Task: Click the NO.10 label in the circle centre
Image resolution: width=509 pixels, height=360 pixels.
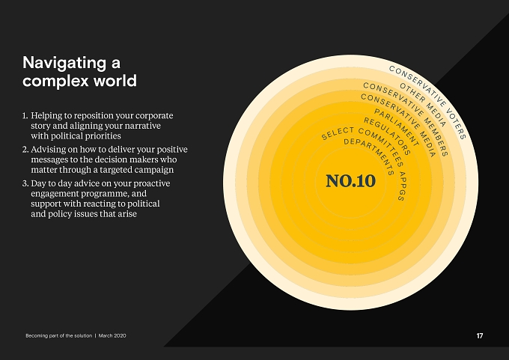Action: (x=350, y=181)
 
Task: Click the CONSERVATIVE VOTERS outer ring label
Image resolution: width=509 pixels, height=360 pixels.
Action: (x=432, y=98)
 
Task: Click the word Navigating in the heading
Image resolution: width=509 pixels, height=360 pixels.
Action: (x=64, y=63)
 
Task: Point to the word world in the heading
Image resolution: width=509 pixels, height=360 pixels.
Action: (x=115, y=81)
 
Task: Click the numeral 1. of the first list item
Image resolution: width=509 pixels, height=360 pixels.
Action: (x=25, y=115)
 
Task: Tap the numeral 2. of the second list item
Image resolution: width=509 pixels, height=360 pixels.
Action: (x=25, y=150)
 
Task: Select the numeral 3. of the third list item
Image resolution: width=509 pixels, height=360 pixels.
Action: (x=25, y=183)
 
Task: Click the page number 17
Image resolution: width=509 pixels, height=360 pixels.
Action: (x=480, y=336)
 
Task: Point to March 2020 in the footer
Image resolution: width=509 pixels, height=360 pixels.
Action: (x=112, y=335)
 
